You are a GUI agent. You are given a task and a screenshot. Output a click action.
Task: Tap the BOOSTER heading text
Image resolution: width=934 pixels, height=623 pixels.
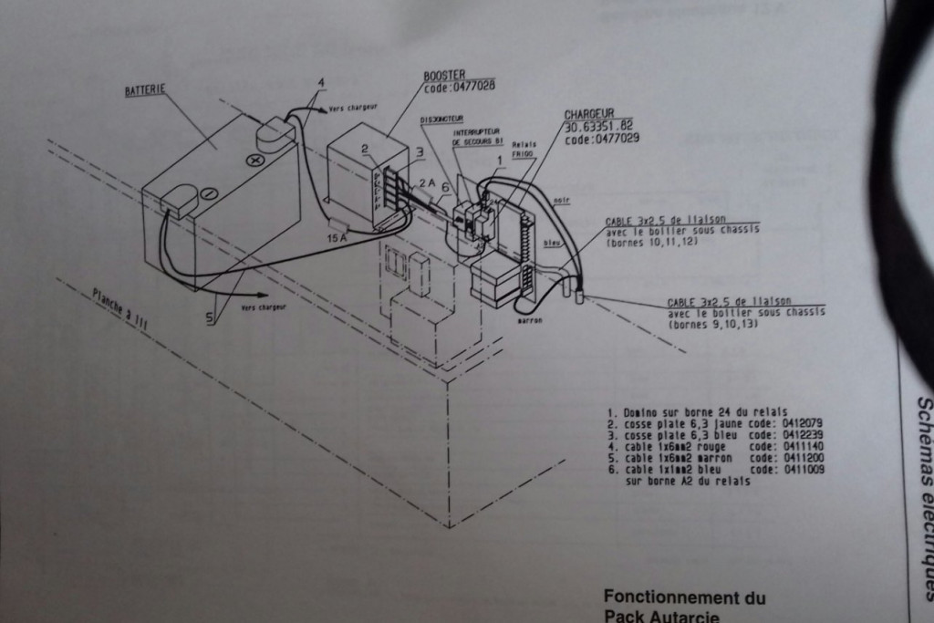[444, 75]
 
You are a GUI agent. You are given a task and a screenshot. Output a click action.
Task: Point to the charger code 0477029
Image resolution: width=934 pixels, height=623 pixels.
[601, 139]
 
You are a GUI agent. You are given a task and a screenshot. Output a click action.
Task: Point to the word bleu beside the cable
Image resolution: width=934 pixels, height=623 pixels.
[550, 244]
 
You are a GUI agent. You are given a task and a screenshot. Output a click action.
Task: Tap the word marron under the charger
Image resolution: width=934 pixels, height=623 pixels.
[530, 320]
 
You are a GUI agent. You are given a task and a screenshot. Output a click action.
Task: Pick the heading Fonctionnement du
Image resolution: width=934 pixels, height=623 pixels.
[684, 597]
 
